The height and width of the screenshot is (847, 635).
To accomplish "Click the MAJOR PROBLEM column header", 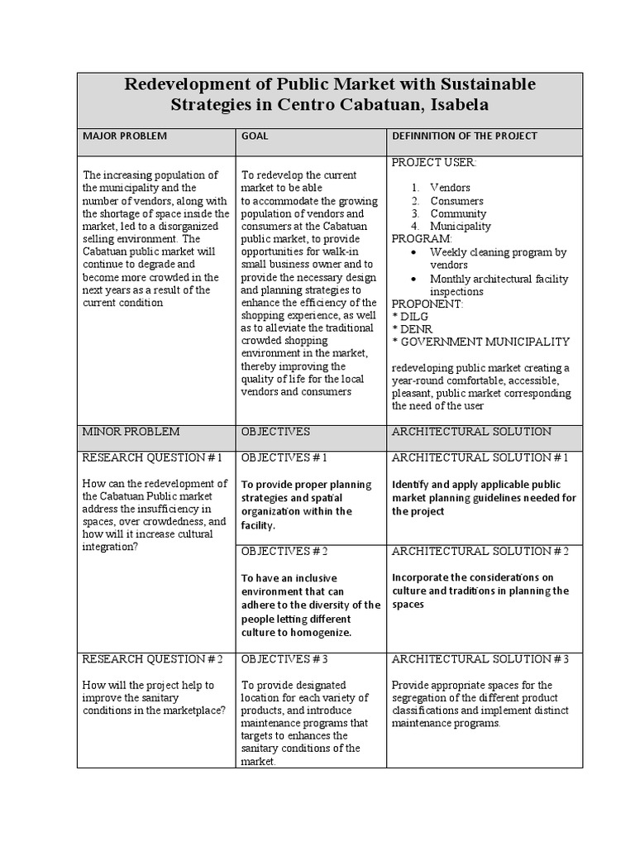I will pos(123,136).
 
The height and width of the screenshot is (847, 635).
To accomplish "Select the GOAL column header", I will pos(255,136).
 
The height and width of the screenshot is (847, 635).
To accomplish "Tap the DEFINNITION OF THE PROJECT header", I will pos(464,136).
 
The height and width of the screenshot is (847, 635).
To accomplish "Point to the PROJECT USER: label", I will pos(433,162).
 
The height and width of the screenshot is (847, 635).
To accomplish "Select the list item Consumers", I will pos(456,200).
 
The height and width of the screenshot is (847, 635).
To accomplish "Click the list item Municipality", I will pos(460,226).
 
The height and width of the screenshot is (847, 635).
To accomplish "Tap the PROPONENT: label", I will pos(427,304).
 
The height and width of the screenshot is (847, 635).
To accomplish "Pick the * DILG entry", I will pos(411,316).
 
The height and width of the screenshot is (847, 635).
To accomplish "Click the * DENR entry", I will pos(413,328).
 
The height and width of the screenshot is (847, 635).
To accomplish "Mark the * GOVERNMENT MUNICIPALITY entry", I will pos(480,342).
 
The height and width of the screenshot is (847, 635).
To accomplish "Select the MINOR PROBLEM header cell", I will pos(130,432).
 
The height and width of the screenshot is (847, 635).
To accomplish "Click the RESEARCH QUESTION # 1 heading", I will pos(152,457).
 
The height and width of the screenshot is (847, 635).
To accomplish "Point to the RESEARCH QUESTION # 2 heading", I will pos(152,659).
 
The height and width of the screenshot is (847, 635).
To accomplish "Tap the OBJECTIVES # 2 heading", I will pos(284,551).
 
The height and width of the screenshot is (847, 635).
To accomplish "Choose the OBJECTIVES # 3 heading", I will pos(284,659).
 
